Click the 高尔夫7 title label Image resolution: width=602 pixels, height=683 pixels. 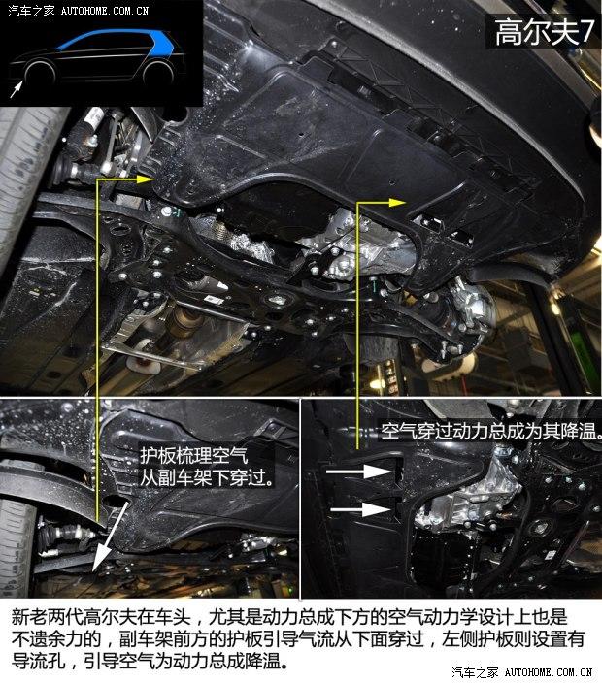pos(544,31)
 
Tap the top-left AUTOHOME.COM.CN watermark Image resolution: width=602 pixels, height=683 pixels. pos(105,11)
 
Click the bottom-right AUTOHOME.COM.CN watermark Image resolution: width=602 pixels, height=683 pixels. pos(548,672)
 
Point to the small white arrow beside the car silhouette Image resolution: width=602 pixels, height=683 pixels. pos(16,89)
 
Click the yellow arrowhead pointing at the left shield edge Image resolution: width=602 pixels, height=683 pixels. pos(145,179)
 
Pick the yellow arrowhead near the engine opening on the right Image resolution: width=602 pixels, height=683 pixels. pos(397,203)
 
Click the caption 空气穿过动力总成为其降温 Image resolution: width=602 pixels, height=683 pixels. pos(491,431)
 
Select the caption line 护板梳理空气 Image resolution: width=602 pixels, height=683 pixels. pos(193,456)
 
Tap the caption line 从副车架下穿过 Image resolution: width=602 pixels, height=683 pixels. pos(207,478)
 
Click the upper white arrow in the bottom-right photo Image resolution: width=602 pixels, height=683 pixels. pos(359,472)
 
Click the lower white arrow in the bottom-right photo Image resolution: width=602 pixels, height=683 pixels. pos(361,509)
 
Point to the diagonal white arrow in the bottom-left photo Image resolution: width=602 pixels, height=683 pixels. pos(110,538)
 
